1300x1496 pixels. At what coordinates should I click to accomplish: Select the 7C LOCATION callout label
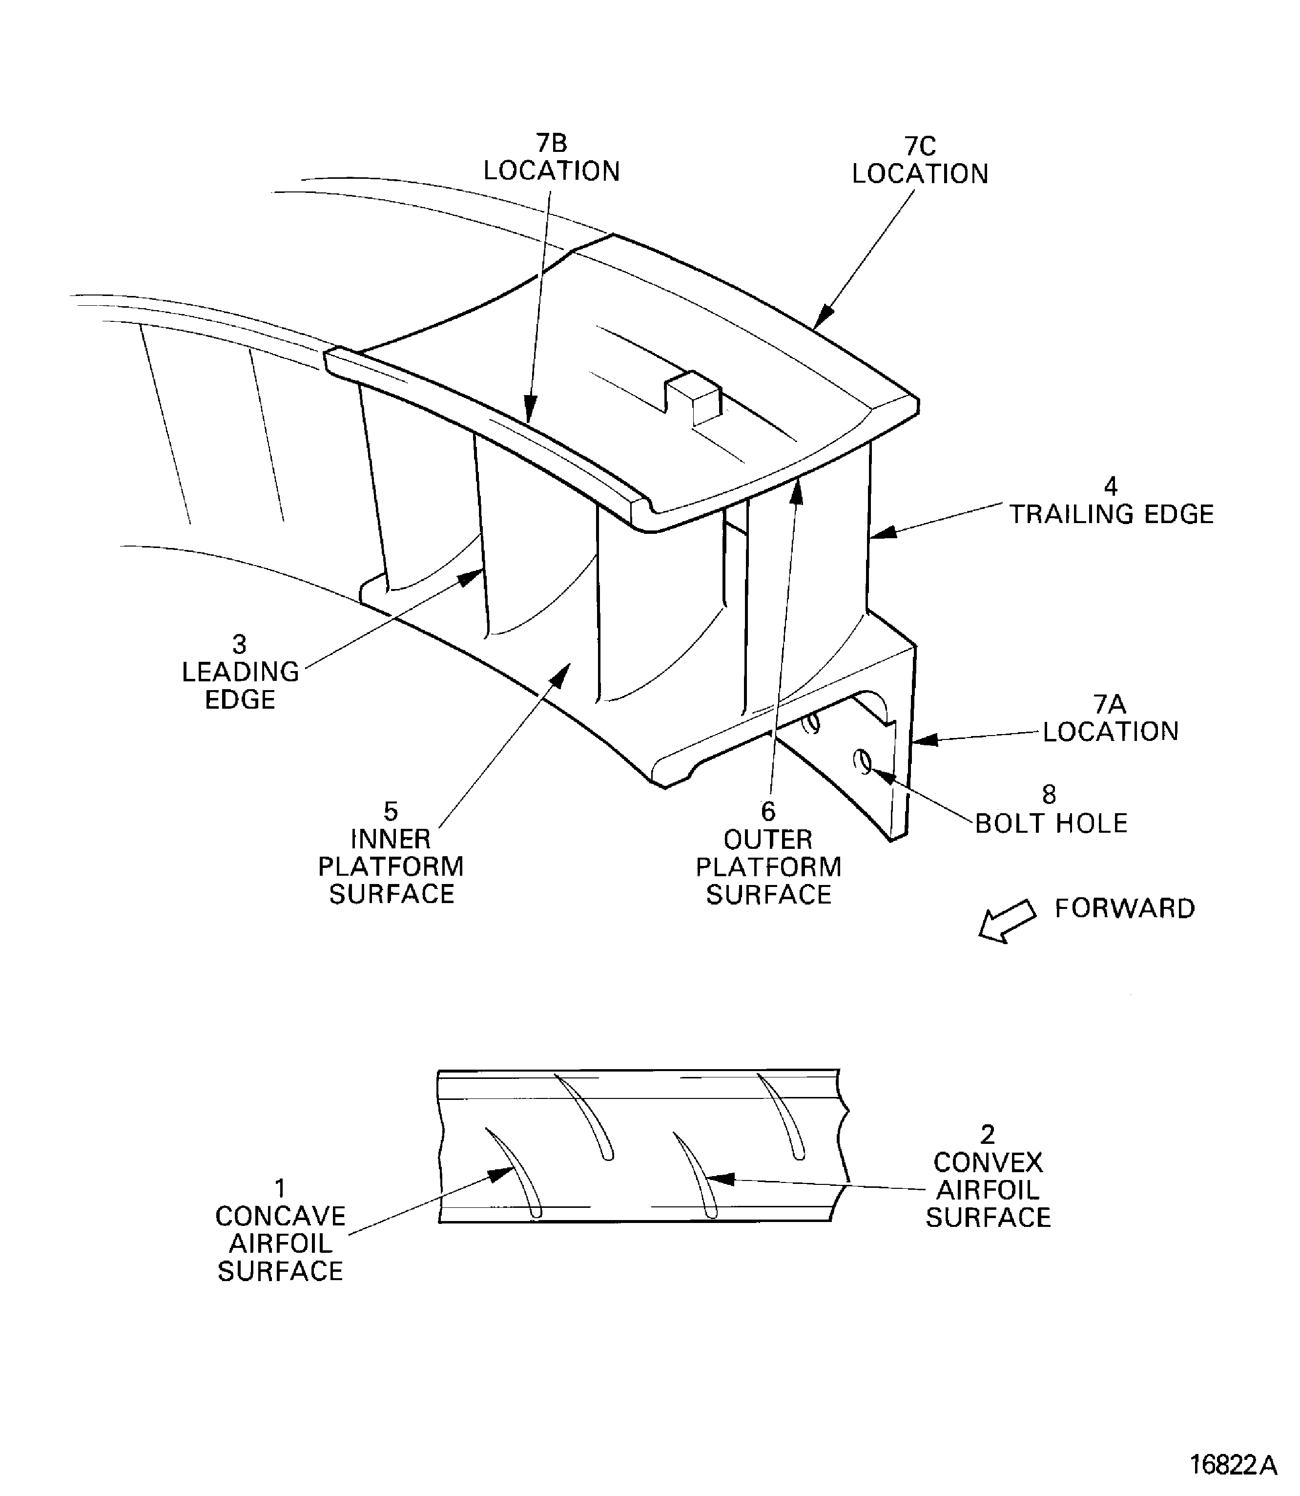(919, 161)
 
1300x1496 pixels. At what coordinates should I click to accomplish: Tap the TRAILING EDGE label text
(1112, 514)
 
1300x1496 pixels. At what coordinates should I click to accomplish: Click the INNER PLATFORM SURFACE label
(391, 853)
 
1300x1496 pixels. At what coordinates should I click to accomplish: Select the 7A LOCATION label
(1110, 718)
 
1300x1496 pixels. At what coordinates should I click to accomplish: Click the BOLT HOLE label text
(1051, 823)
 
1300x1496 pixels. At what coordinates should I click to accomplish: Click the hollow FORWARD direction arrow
(1007, 922)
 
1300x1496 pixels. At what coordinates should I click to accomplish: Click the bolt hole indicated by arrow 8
(863, 762)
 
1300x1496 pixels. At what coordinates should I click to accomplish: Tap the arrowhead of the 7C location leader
(823, 319)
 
